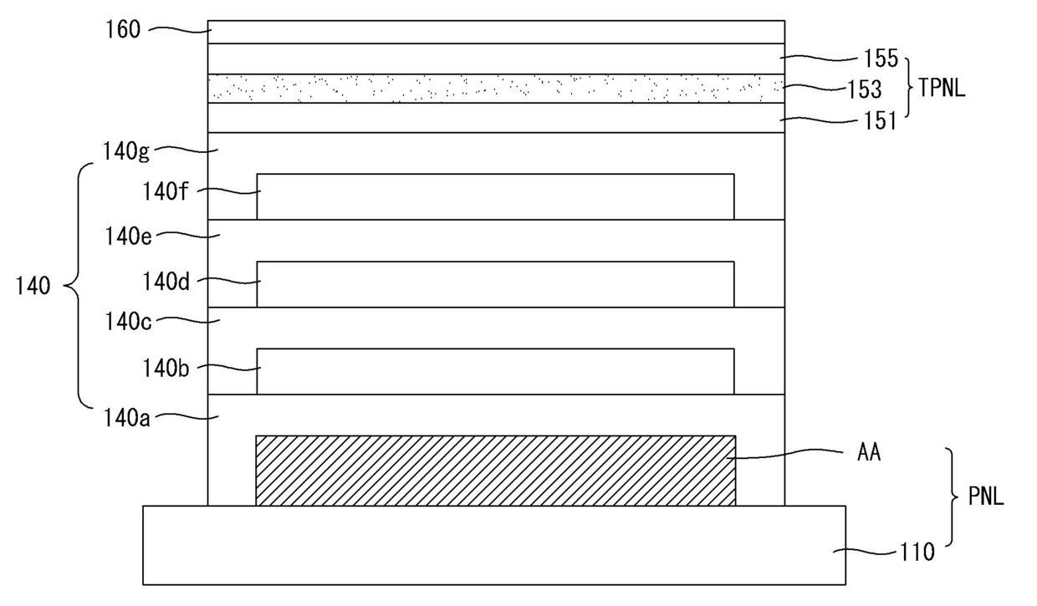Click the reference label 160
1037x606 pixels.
tap(123, 30)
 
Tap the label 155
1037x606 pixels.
tap(881, 59)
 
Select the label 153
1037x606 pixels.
tap(865, 89)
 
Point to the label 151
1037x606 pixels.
tap(881, 121)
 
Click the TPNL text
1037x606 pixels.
tap(942, 88)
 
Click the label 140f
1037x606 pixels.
tap(166, 191)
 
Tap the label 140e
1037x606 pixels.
tap(128, 237)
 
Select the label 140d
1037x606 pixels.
tap(166, 281)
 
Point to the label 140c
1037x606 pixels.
tap(128, 321)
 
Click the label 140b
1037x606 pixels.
tap(166, 369)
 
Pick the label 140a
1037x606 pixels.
tap(126, 419)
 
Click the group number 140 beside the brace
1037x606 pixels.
tap(33, 286)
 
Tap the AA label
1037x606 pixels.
tap(868, 452)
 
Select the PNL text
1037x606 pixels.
tap(986, 497)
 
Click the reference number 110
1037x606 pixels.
tap(917, 552)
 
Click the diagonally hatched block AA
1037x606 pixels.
tap(496, 471)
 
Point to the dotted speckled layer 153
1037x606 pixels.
tap(496, 89)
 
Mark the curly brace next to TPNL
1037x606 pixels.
tap(908, 88)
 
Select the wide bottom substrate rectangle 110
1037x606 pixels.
tap(494, 545)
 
